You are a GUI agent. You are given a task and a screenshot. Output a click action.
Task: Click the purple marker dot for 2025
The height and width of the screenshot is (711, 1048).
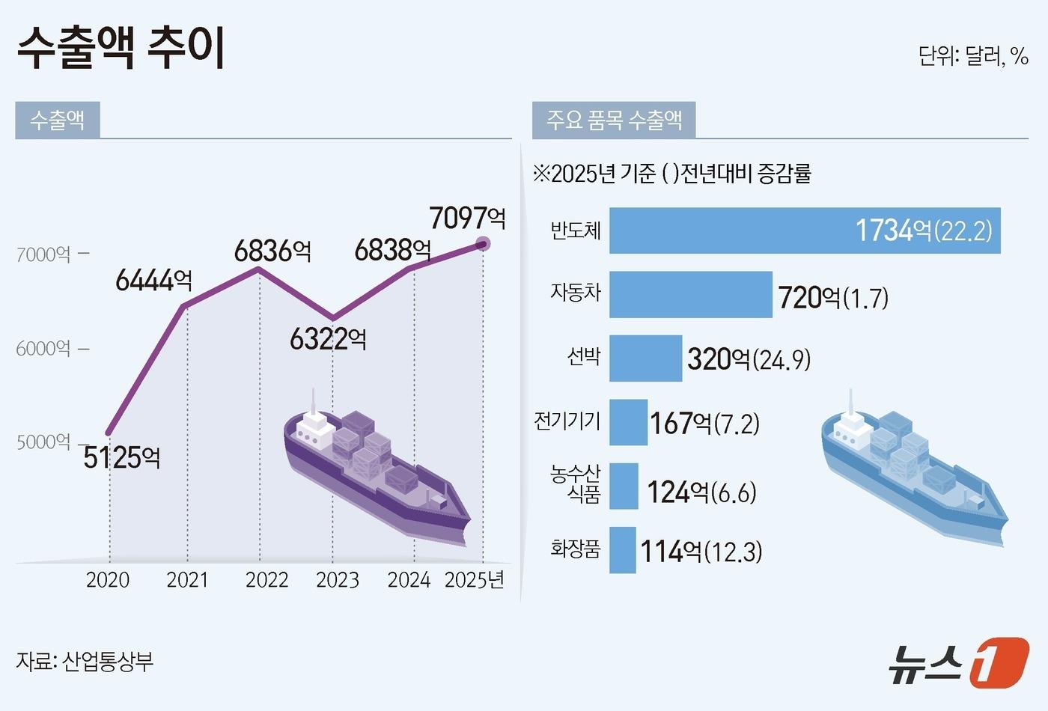(483, 243)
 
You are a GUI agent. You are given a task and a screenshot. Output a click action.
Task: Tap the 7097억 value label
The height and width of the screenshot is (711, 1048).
(467, 218)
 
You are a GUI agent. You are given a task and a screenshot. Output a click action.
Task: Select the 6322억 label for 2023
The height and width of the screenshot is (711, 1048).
(328, 339)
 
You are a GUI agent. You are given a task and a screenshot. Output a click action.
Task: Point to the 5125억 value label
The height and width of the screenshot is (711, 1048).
(121, 457)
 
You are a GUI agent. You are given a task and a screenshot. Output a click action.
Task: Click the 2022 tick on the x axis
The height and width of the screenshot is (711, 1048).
(266, 580)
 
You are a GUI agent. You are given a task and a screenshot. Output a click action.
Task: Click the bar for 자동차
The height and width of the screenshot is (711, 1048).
(690, 295)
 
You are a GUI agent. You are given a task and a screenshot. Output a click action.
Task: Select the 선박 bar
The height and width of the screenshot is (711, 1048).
(645, 358)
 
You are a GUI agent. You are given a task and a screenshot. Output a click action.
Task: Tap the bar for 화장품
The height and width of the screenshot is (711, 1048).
(622, 550)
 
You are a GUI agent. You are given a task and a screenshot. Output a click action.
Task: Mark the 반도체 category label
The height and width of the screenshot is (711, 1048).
(575, 230)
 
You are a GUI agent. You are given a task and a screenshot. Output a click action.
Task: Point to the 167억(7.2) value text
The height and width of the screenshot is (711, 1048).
(704, 424)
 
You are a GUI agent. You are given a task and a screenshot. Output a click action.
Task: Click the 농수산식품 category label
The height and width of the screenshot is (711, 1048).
(575, 483)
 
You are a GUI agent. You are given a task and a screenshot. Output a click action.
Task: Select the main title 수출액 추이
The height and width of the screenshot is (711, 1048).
(121, 49)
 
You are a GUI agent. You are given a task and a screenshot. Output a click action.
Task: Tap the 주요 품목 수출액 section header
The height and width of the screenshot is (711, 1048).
(614, 120)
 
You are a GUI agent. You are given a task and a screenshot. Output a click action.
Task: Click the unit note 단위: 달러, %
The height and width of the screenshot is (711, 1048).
(972, 56)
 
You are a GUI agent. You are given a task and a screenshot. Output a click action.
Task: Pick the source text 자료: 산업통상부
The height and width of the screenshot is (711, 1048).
(85, 661)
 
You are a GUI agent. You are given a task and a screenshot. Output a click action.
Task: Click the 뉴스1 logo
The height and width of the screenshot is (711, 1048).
(958, 662)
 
